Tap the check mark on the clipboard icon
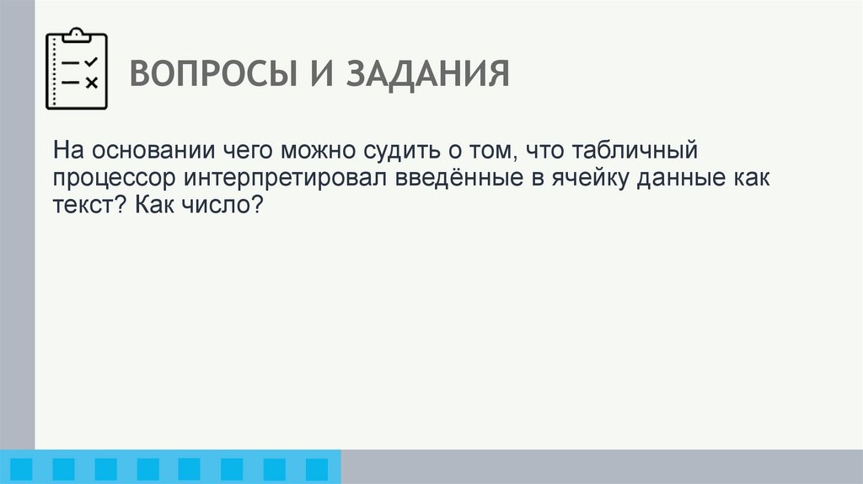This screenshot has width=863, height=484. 92,62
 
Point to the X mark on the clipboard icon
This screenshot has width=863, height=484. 92,82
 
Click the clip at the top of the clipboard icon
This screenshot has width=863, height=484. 77,35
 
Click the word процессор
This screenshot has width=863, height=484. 115,179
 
